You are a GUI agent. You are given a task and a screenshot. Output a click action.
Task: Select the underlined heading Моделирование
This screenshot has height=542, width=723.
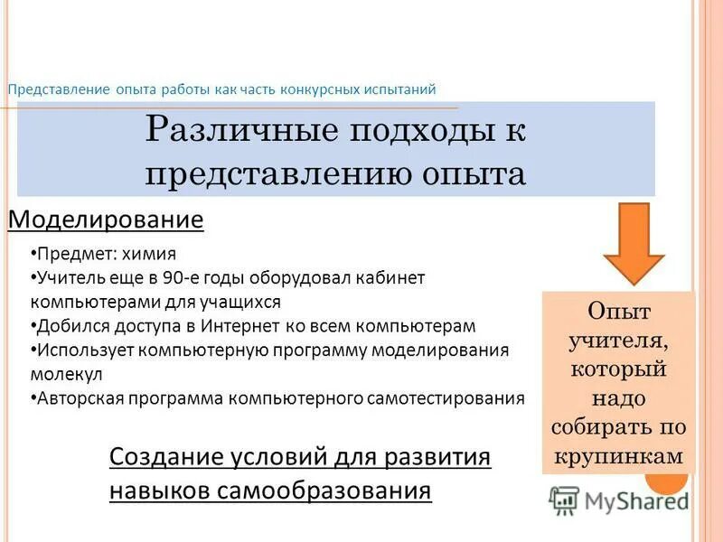106,220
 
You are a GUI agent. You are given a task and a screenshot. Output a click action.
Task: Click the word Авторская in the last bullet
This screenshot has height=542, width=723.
80,397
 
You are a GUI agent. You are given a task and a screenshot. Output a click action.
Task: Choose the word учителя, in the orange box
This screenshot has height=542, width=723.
618,341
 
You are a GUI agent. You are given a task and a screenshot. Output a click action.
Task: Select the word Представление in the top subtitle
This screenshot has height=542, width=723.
59,89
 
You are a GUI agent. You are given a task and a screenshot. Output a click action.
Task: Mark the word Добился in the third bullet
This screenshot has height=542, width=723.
65,325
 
